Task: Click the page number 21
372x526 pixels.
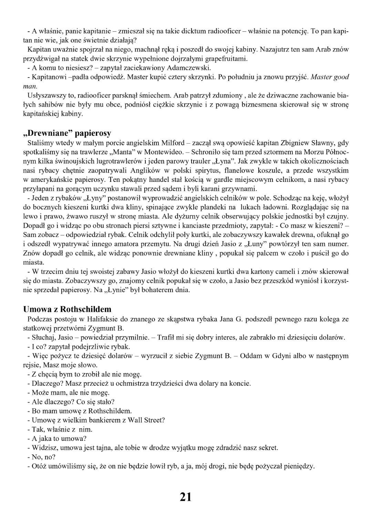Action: (185, 497)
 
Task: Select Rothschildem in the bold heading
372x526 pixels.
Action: (86, 309)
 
